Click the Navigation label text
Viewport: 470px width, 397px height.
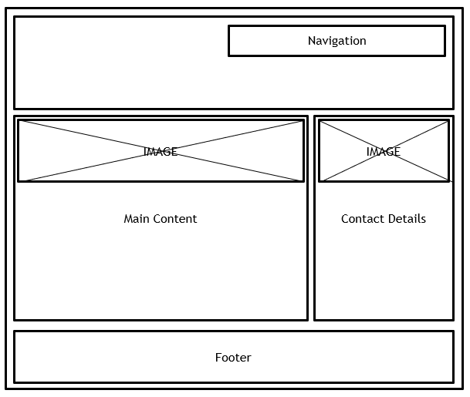(336, 41)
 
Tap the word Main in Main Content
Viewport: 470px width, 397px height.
(136, 219)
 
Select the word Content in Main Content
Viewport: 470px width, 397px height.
(174, 219)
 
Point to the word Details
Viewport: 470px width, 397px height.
(406, 219)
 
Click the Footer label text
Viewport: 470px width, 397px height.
(233, 358)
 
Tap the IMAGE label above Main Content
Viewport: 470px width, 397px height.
(161, 152)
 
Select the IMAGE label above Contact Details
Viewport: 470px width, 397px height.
(384, 152)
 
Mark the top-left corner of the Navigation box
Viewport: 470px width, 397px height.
(229, 26)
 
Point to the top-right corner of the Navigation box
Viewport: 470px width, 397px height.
(445, 26)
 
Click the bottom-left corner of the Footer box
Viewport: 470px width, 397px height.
(15, 382)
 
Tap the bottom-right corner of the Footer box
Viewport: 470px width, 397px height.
(453, 382)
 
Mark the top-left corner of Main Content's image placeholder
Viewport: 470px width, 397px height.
(19, 120)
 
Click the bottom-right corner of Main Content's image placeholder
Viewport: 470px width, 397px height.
(303, 181)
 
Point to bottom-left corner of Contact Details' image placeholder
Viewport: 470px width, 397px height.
(320, 181)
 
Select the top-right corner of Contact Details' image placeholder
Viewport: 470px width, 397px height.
(448, 120)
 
